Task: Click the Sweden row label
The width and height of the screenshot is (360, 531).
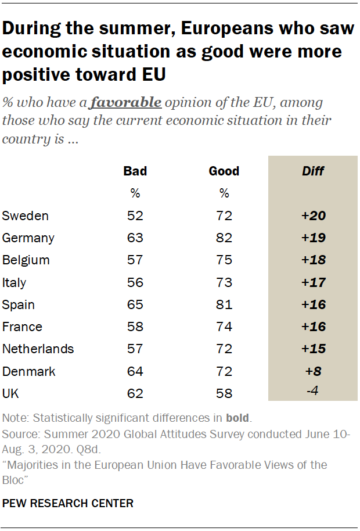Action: click(26, 216)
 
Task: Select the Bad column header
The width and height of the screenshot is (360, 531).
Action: click(135, 171)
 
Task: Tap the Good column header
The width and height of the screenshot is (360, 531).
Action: click(224, 171)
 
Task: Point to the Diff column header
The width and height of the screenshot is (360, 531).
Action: click(313, 171)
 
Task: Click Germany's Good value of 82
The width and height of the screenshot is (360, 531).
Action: click(224, 238)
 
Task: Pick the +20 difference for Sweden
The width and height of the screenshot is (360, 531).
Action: click(313, 216)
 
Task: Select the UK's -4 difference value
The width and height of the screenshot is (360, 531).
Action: click(313, 392)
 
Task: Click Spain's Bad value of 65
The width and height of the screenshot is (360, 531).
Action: click(135, 304)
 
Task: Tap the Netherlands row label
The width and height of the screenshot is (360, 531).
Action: click(38, 349)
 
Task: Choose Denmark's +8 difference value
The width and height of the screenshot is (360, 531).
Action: click(313, 371)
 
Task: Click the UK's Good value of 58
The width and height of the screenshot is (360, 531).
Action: click(224, 393)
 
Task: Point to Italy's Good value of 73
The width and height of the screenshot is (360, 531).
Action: click(224, 282)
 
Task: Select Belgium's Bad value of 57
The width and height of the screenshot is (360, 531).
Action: click(135, 260)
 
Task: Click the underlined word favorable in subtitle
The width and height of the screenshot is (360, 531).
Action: click(126, 103)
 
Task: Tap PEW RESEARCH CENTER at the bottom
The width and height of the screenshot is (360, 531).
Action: click(69, 503)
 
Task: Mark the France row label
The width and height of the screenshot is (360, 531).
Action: click(22, 327)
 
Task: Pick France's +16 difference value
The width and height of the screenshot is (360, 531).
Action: click(313, 327)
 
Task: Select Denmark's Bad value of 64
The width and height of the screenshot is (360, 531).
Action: click(135, 371)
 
